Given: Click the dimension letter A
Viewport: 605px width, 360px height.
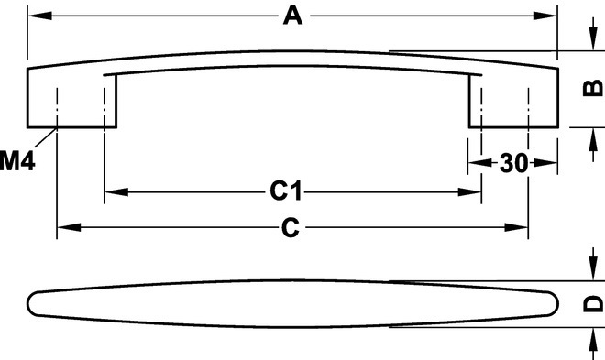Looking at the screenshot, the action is tap(292, 16).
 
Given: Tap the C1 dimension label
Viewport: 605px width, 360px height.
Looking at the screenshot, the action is tap(285, 191).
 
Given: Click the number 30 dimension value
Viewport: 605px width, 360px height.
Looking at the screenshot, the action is tap(513, 163).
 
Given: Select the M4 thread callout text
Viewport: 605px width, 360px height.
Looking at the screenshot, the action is tap(17, 161).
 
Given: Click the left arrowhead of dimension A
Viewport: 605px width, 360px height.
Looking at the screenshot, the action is tap(39, 16).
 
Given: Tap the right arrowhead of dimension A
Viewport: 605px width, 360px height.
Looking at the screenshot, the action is tap(545, 16).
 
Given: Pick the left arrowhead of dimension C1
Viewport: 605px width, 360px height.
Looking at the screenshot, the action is tap(116, 192).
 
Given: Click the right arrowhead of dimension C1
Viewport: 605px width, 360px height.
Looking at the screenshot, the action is tap(469, 192).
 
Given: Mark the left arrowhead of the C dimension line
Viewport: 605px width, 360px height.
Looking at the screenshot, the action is tap(69, 227).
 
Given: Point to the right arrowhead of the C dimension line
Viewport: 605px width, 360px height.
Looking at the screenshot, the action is tap(516, 227).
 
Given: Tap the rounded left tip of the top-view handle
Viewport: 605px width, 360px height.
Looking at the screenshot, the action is tap(28, 304).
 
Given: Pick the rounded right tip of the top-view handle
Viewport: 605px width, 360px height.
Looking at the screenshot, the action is tap(557, 304).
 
